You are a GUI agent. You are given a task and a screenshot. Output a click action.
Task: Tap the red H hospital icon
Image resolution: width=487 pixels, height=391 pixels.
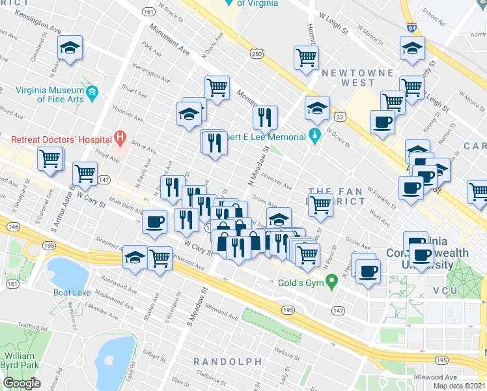point(119,138)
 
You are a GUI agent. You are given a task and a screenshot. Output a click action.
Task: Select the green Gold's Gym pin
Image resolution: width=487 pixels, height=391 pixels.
point(332,282)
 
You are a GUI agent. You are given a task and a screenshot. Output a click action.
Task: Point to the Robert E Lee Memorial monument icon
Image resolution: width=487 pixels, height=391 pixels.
point(314,138)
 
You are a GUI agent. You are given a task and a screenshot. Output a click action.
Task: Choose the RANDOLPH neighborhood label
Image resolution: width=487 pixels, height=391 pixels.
point(228,361)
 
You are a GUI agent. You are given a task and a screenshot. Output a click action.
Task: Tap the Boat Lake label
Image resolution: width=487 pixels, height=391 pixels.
point(72,293)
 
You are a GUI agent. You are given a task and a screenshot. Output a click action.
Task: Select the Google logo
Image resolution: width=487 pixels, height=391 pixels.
point(21,383)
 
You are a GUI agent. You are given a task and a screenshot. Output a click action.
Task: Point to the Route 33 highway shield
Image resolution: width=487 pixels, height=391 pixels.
point(339,117)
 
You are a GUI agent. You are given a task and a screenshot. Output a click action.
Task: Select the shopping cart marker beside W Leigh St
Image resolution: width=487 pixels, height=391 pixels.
point(305,57)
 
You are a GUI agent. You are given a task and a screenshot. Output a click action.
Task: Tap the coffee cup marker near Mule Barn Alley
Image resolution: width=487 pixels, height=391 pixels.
point(155,222)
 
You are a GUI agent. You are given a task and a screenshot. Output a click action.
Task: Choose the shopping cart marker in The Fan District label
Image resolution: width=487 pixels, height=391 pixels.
point(320,205)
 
